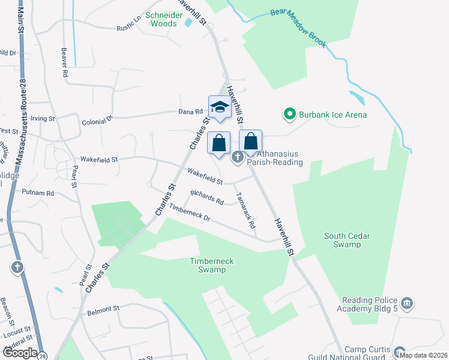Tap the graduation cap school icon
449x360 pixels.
coord(219,107)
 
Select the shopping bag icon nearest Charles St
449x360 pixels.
coord(219,143)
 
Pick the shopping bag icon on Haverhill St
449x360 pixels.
coord(251,142)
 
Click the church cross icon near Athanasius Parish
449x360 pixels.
coord(237,157)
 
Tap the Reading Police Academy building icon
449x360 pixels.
coord(408,302)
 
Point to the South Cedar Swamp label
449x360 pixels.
coord(351,240)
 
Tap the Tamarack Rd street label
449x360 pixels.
coord(246,210)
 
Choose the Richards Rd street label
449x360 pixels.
coord(207,197)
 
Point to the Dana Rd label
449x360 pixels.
coord(191,112)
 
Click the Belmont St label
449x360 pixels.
coord(103,310)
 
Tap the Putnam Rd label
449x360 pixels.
coord(38,193)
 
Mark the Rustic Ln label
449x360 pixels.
coord(128,26)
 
